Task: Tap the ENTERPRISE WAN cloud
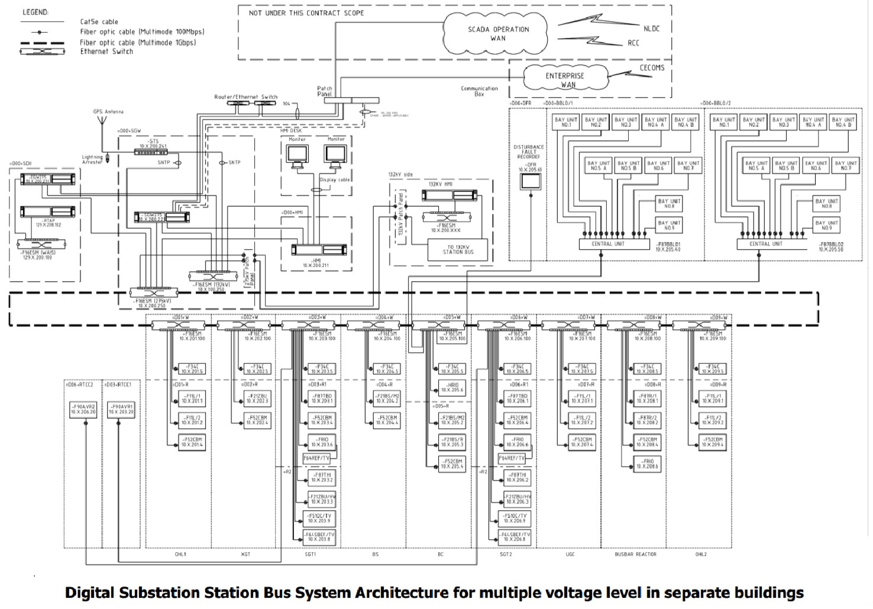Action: point(564,80)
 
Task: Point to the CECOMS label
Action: point(652,67)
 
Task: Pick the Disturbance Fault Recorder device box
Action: point(530,183)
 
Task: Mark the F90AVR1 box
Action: point(121,409)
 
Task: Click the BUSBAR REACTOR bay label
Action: point(635,555)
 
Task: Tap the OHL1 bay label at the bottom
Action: point(180,555)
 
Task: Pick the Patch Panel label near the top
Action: point(325,92)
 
